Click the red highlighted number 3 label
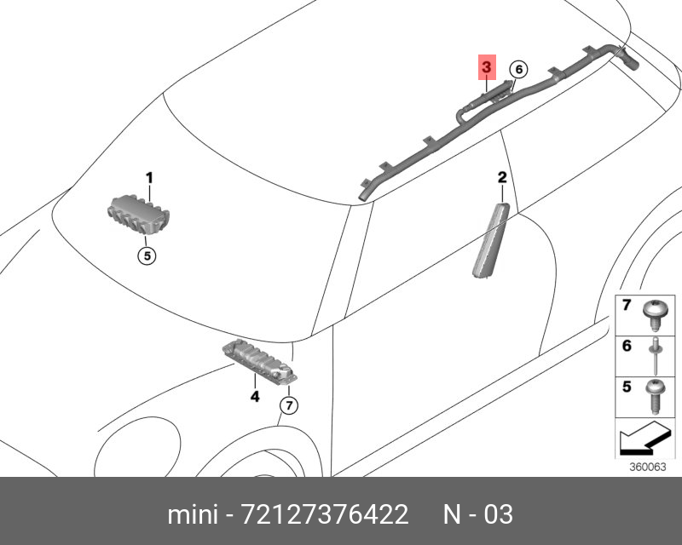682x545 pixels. point(487,67)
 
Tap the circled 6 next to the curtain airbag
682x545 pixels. point(518,70)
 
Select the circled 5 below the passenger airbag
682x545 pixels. point(147,255)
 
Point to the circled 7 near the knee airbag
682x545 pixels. point(289,406)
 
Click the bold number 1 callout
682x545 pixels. point(149,178)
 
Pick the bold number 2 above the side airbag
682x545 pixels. point(502,177)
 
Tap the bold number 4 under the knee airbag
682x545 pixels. point(254,396)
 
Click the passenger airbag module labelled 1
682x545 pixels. point(138,215)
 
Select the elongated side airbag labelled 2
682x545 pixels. point(491,240)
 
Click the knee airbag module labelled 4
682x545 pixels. point(260,362)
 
